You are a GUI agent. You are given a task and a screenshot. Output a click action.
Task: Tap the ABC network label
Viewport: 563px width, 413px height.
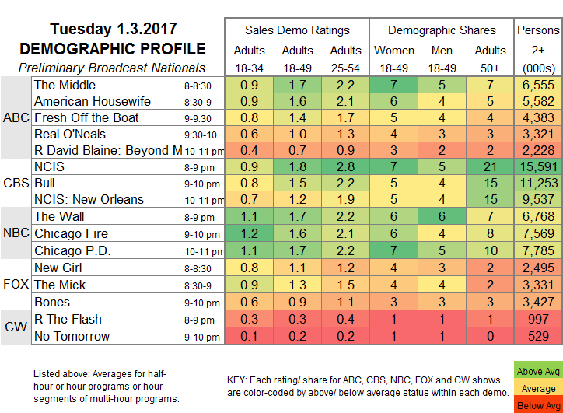[15, 117]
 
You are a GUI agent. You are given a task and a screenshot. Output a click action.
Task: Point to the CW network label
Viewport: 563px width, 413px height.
[15, 327]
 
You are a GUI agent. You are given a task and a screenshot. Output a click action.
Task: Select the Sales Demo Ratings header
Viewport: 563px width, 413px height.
[297, 30]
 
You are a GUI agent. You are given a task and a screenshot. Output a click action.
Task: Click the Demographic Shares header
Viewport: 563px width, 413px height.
[442, 30]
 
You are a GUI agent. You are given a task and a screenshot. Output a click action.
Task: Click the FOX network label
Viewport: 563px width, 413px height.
[15, 285]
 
